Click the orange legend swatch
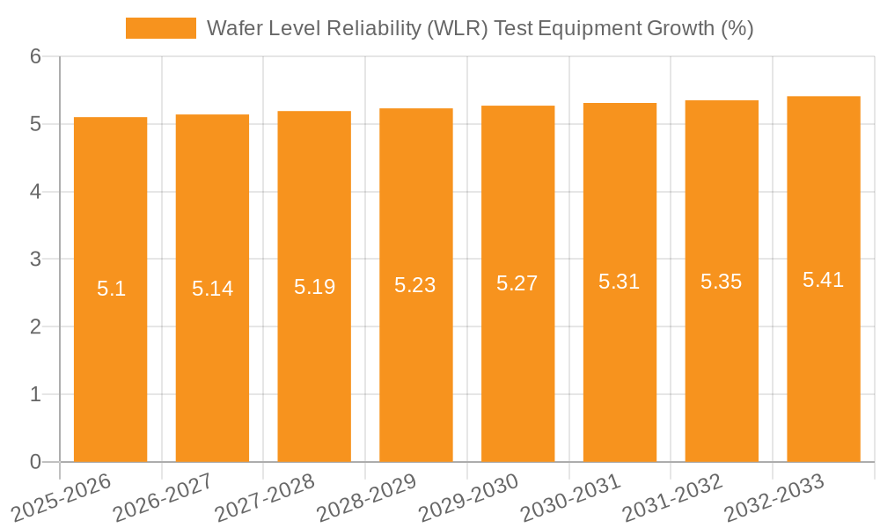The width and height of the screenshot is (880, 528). [161, 28]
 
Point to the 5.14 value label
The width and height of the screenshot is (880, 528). [212, 288]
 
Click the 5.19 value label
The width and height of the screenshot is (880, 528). [314, 286]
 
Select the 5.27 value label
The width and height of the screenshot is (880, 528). [517, 283]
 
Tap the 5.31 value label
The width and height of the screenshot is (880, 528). [620, 282]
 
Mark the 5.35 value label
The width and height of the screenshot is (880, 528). [722, 282]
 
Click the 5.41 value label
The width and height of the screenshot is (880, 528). [823, 280]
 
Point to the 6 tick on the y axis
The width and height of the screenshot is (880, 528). [35, 56]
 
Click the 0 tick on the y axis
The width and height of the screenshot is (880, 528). [35, 462]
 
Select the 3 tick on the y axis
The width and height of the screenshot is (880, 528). [35, 260]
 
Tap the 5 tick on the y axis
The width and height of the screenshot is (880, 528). [35, 124]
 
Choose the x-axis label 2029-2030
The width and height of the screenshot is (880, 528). [468, 496]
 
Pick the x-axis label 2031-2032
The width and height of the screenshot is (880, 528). [672, 496]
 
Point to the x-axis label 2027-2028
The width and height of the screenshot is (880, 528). [264, 496]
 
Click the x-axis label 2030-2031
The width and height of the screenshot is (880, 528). [570, 496]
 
